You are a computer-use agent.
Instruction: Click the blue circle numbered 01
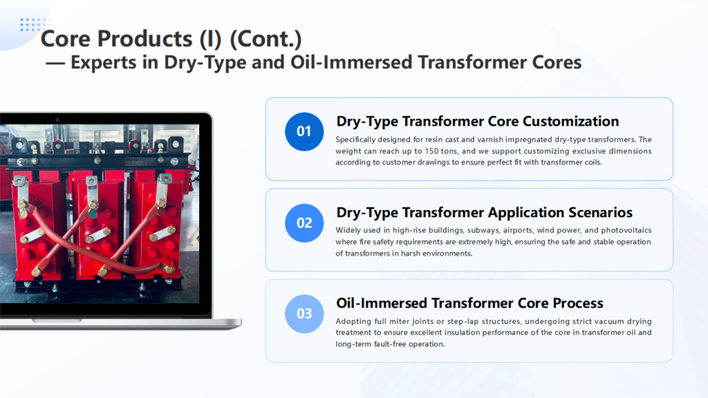[304, 131]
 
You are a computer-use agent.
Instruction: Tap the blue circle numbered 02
[304, 222]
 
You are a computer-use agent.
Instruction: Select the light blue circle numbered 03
[304, 314]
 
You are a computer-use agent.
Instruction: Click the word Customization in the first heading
[570, 122]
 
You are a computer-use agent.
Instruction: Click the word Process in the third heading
[578, 303]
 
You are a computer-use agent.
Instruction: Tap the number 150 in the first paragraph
[431, 151]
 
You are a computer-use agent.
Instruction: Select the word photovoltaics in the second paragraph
[626, 230]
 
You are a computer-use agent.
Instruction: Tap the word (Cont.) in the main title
[265, 39]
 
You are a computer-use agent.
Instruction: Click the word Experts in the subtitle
[104, 63]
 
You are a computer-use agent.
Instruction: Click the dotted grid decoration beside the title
[35, 25]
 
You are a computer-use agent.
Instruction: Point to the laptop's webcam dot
[57, 120]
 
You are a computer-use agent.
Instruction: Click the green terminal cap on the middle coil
[93, 214]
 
